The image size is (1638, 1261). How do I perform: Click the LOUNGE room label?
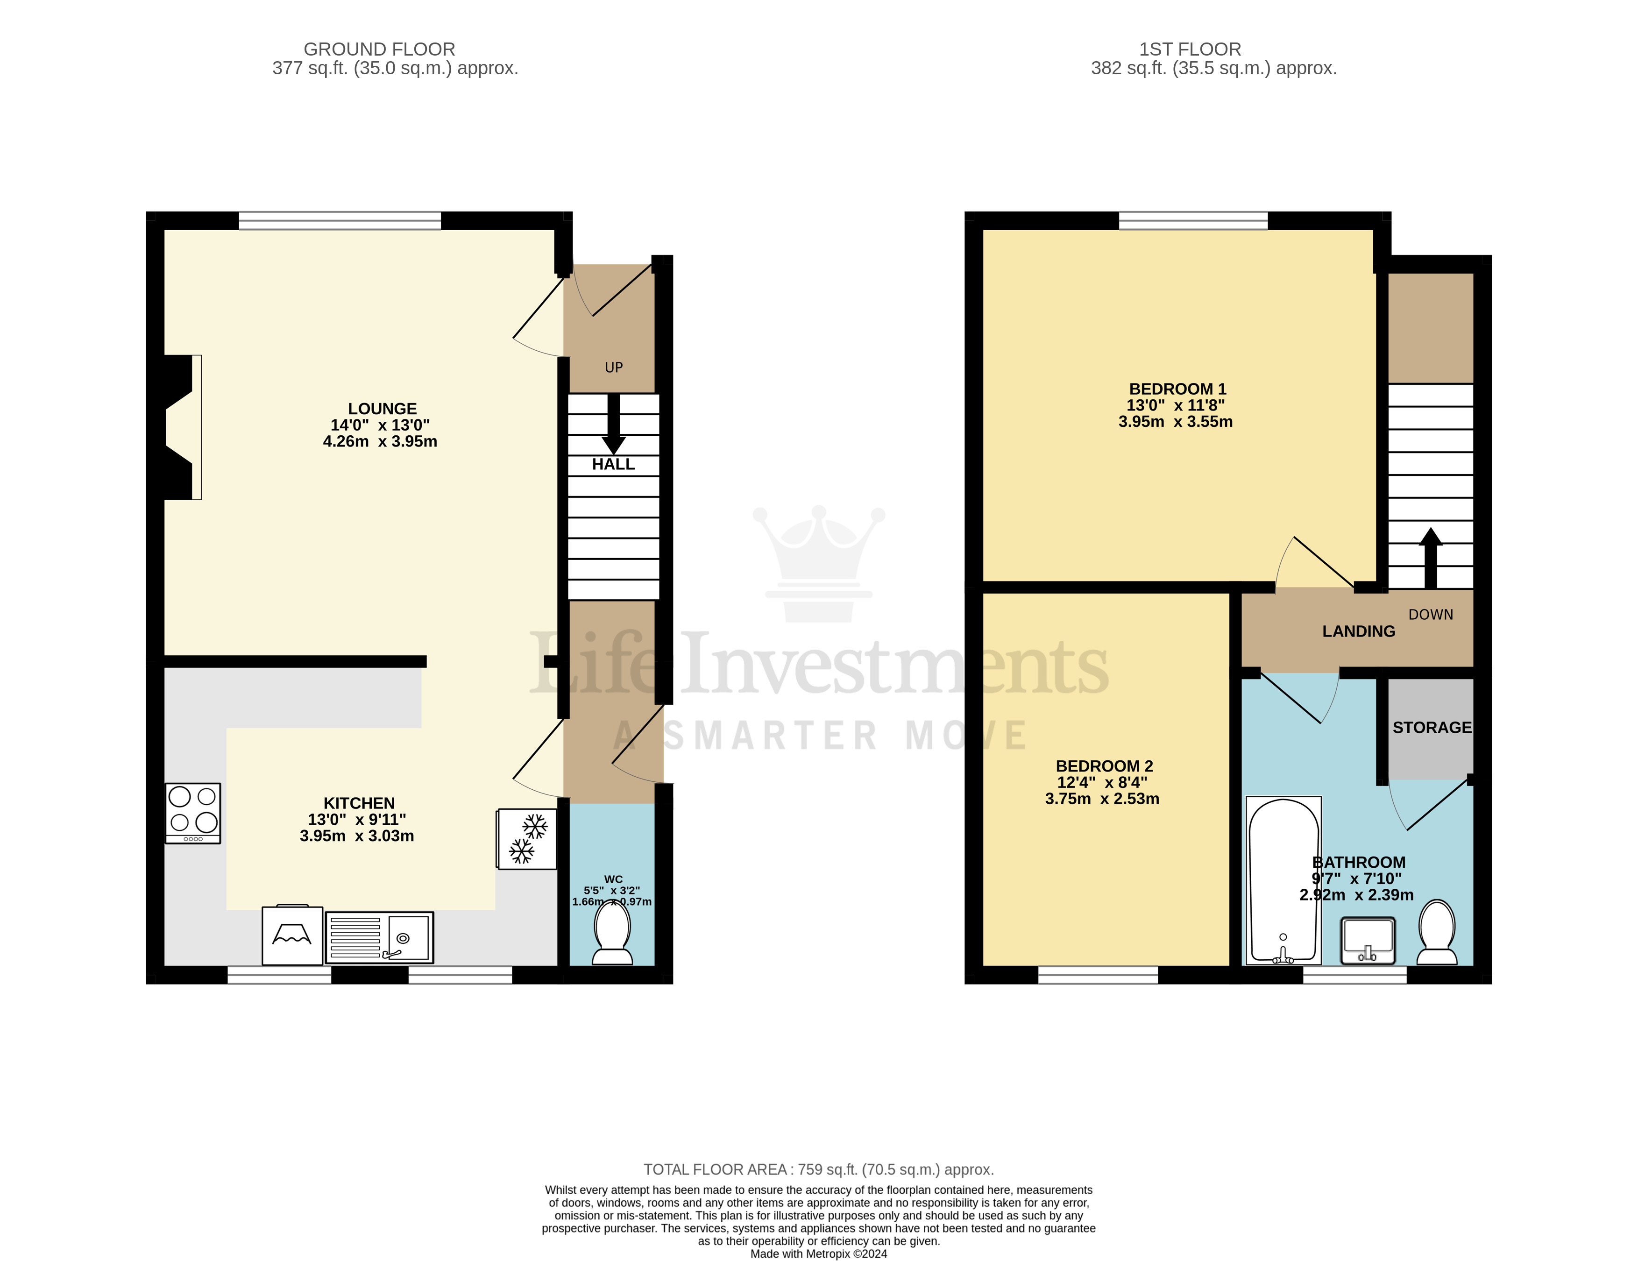[x=382, y=409]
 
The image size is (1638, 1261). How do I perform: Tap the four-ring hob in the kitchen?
[x=193, y=813]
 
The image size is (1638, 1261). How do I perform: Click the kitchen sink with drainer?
[x=380, y=937]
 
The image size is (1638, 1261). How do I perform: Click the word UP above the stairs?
[x=614, y=368]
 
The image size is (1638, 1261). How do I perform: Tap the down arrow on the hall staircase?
[x=614, y=425]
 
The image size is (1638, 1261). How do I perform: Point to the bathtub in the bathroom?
[x=1283, y=880]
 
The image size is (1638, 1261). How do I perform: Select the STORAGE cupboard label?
[x=1431, y=728]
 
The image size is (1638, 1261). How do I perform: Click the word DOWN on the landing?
[x=1430, y=614]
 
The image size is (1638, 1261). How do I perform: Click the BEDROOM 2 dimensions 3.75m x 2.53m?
[x=1102, y=799]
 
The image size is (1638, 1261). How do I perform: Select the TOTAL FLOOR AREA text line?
[x=818, y=1169]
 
